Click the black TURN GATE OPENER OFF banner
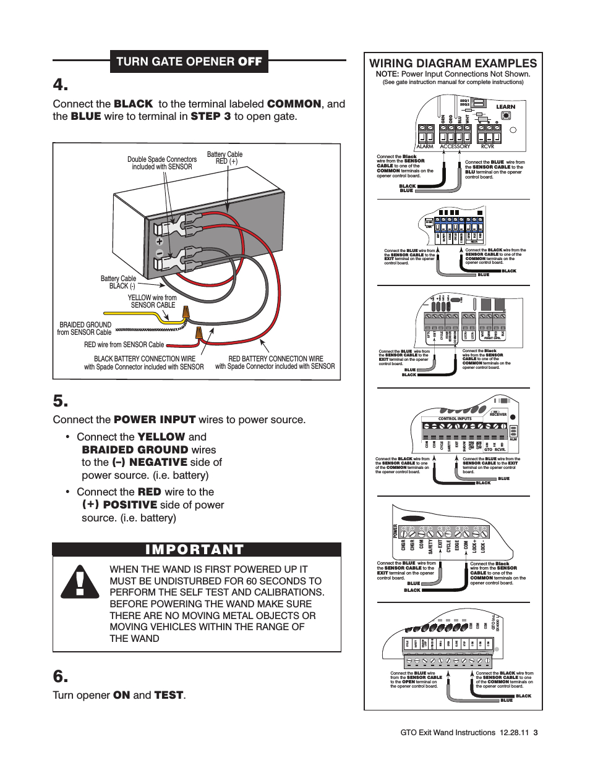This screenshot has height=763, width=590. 190,61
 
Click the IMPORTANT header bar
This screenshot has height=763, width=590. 197,550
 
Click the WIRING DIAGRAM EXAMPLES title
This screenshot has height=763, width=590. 453,63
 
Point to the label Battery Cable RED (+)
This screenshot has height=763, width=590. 224,158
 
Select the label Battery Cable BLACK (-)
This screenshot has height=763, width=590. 118,282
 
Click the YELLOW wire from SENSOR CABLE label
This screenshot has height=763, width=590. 152,301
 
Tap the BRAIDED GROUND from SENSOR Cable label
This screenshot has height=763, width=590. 85,328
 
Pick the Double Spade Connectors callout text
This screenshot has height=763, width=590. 162,163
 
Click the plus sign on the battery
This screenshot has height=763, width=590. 159,242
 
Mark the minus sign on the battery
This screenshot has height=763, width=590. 159,253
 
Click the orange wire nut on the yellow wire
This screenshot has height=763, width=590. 184,316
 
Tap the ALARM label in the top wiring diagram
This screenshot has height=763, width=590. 425,146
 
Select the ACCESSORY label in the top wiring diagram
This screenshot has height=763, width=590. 455,146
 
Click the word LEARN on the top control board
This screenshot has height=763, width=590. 505,107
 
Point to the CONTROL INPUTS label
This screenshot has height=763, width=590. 455,418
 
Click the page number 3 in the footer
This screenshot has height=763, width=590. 536,733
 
